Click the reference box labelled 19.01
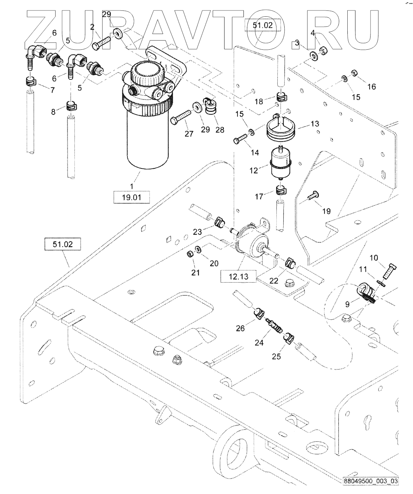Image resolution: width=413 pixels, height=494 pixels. point(131,197)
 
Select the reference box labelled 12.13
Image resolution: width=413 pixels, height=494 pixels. point(239,276)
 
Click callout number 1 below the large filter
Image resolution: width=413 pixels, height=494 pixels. point(132,186)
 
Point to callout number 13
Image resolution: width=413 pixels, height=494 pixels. point(315,124)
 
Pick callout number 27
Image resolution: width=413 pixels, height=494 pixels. point(189,134)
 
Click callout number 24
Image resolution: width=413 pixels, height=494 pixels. point(259,342)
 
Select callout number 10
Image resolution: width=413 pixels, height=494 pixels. point(374,257)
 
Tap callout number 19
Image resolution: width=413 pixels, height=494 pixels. point(326,211)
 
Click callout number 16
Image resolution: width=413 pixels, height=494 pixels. point(372,87)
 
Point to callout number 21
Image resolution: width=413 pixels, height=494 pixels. point(195,273)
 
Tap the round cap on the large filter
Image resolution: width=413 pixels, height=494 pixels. point(147,73)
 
